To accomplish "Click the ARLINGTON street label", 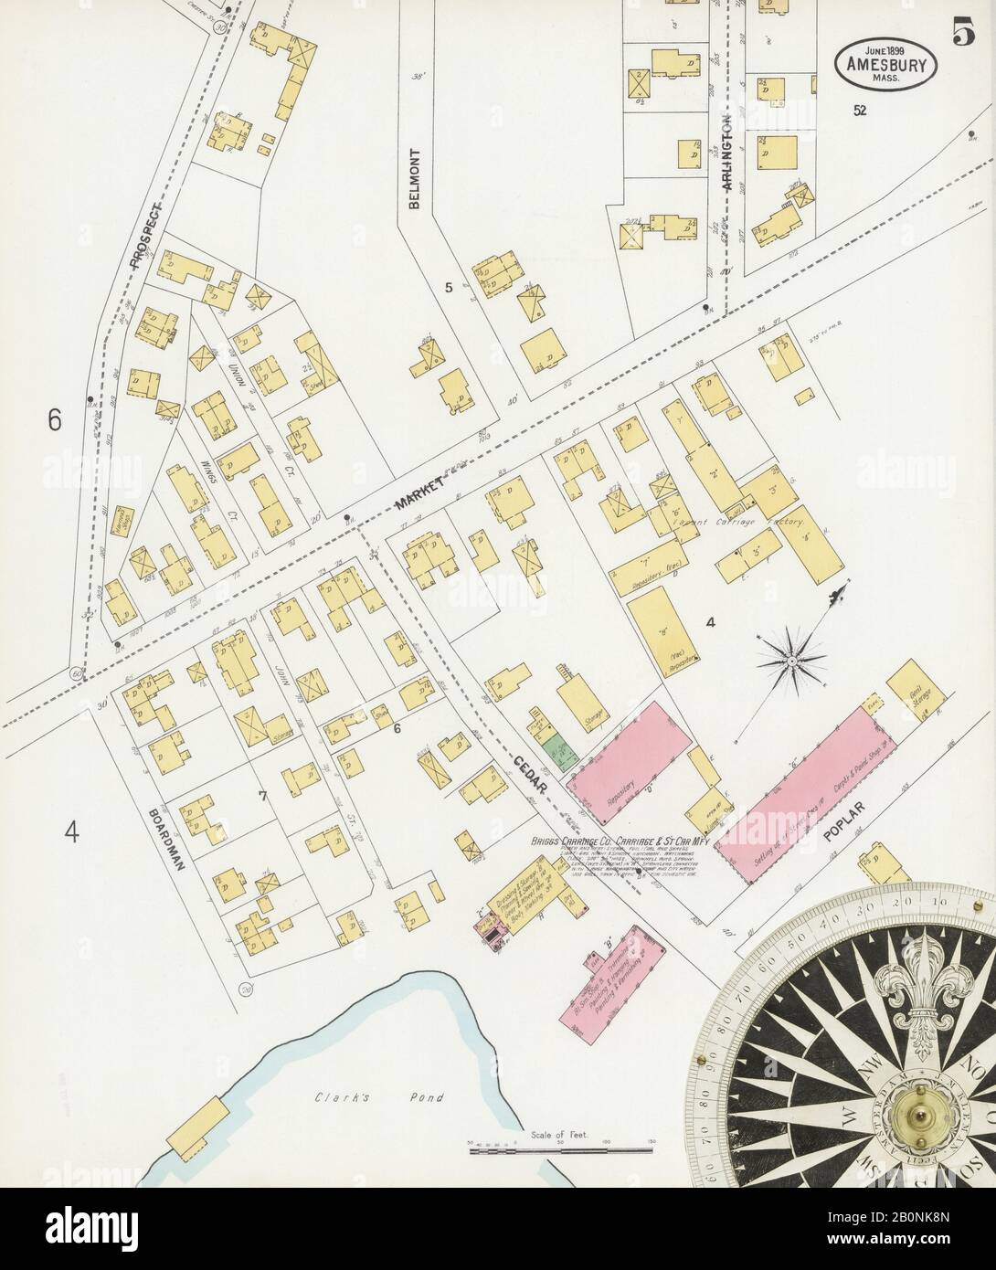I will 727,157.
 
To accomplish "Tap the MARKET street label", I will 419,493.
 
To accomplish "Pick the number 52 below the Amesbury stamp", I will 860,111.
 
